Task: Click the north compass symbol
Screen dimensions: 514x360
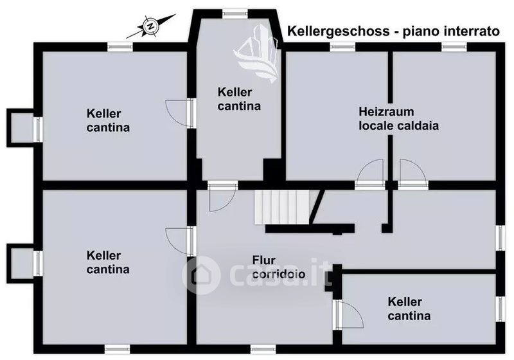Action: coord(151,26)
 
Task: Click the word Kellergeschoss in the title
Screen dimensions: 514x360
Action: coord(339,31)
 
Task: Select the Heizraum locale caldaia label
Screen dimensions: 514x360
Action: coord(398,119)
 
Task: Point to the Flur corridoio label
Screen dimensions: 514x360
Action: coord(279,267)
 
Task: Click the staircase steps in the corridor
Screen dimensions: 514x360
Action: coord(283,208)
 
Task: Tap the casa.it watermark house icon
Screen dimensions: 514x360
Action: coord(200,274)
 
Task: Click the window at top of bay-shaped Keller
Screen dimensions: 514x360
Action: coord(235,14)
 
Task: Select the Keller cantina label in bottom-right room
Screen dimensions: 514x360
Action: coord(409,309)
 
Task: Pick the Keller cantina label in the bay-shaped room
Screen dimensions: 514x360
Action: coord(239,99)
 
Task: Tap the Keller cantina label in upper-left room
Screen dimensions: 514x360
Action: coord(108,120)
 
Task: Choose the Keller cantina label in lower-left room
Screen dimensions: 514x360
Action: coord(108,262)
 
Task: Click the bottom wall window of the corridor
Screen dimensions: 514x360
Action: coord(263,349)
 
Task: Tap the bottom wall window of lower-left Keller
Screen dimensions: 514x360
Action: coord(118,349)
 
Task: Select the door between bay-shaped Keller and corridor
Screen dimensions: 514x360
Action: coord(222,197)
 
